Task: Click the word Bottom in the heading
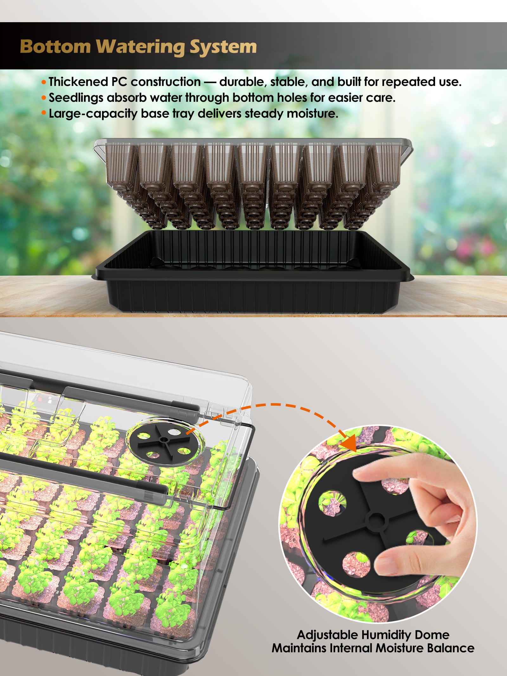click(x=55, y=47)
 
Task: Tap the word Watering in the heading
click(x=141, y=47)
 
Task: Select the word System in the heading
click(x=223, y=47)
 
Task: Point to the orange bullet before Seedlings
click(x=44, y=98)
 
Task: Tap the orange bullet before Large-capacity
click(x=44, y=113)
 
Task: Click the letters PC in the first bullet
click(x=119, y=82)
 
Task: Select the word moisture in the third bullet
click(x=312, y=113)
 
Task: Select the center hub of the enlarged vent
click(x=376, y=520)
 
